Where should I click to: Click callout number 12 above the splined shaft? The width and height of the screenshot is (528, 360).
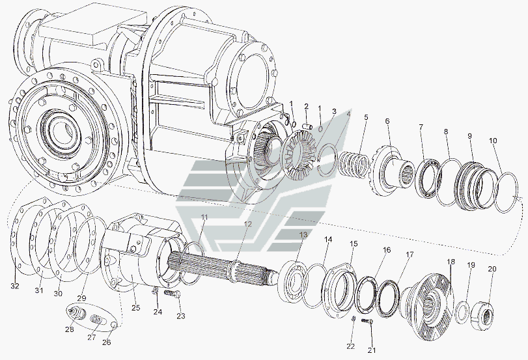248,225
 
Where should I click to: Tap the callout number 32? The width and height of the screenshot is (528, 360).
15,286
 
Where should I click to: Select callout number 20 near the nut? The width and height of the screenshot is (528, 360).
492,269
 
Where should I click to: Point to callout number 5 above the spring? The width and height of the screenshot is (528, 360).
366,117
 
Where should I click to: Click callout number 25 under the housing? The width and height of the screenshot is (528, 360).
136,308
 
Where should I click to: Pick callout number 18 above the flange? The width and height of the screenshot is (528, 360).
451,262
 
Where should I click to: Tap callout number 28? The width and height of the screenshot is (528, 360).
70,329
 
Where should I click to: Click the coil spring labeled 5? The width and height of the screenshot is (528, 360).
352,164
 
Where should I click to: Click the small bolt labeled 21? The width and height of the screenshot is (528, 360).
367,322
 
